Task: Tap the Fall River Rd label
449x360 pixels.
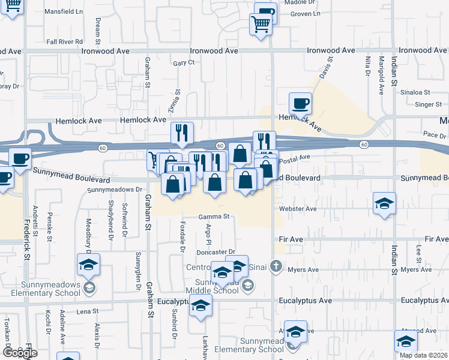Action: [64, 41]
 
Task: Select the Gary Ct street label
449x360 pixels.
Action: [184, 62]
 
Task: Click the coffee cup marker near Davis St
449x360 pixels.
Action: [300, 104]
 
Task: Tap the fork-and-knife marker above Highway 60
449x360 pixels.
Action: [182, 133]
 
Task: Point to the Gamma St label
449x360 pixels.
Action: [217, 216]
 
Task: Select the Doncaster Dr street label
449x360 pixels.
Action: [215, 252]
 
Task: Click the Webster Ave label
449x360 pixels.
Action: [298, 209]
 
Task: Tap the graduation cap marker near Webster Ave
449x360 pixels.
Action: [384, 203]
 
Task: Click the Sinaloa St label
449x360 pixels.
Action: [417, 92]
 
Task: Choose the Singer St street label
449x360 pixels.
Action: [428, 104]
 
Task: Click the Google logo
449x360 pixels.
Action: [20, 353]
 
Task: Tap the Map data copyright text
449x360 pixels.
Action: [424, 355]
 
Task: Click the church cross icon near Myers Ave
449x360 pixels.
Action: [276, 266]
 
